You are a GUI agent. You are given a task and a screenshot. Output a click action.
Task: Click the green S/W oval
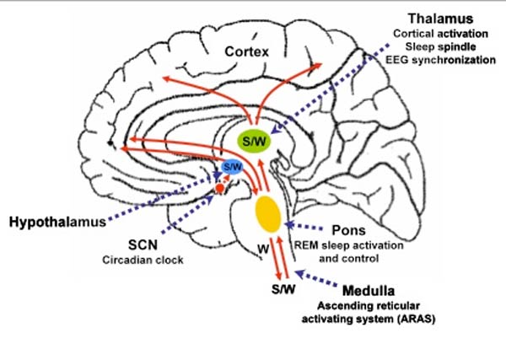[x=253, y=139]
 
